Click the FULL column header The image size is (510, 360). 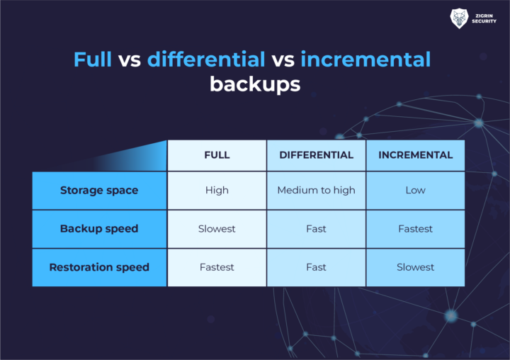point(217,155)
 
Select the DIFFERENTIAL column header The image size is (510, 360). point(316,155)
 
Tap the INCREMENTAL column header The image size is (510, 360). point(415,155)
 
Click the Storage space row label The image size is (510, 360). point(99,190)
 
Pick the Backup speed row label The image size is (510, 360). point(99,229)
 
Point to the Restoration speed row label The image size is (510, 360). point(99,267)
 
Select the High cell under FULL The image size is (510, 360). point(217,190)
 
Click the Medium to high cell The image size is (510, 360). point(316,190)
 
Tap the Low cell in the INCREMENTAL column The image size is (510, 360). point(415,190)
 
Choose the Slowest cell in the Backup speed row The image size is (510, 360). point(217,229)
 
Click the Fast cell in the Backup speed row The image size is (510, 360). point(316,229)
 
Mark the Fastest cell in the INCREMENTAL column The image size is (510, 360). point(415,229)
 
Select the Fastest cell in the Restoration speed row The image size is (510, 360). point(217,267)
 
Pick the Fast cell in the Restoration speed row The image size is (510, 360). point(316,267)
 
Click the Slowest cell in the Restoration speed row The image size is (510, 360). point(415,267)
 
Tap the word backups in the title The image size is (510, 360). point(255,84)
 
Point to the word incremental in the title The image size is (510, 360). point(365,59)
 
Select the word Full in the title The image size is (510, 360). point(93,59)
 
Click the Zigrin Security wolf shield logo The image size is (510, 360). point(459,18)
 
